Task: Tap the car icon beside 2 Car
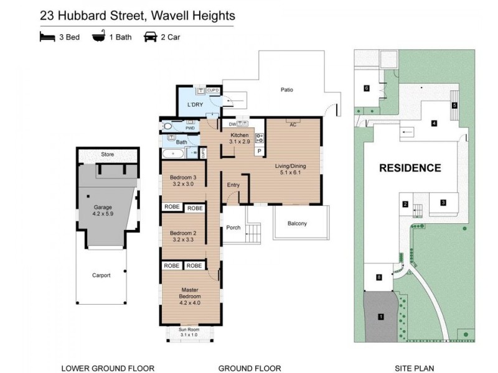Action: pyautogui.click(x=150, y=37)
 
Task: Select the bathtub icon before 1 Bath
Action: pyautogui.click(x=98, y=37)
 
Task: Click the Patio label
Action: pyautogui.click(x=286, y=90)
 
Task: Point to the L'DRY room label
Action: pyautogui.click(x=196, y=104)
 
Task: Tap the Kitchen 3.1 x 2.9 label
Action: pyautogui.click(x=240, y=139)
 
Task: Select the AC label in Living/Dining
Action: pyautogui.click(x=292, y=124)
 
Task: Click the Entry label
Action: pyautogui.click(x=233, y=184)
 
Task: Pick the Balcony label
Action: pyautogui.click(x=298, y=224)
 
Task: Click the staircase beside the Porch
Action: pyautogui.click(x=253, y=234)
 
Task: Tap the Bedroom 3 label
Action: pyautogui.click(x=183, y=181)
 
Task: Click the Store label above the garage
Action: pyautogui.click(x=108, y=154)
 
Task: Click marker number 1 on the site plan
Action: pyautogui.click(x=381, y=317)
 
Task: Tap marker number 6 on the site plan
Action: pyautogui.click(x=367, y=88)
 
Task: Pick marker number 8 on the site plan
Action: pyautogui.click(x=378, y=277)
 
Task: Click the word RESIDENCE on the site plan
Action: pyautogui.click(x=410, y=168)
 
